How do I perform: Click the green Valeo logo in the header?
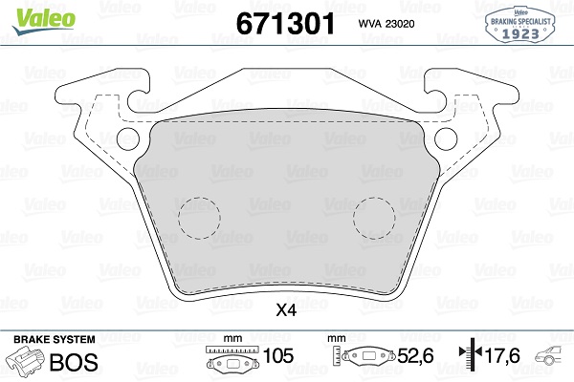(31, 13)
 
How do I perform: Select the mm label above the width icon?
(230, 339)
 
